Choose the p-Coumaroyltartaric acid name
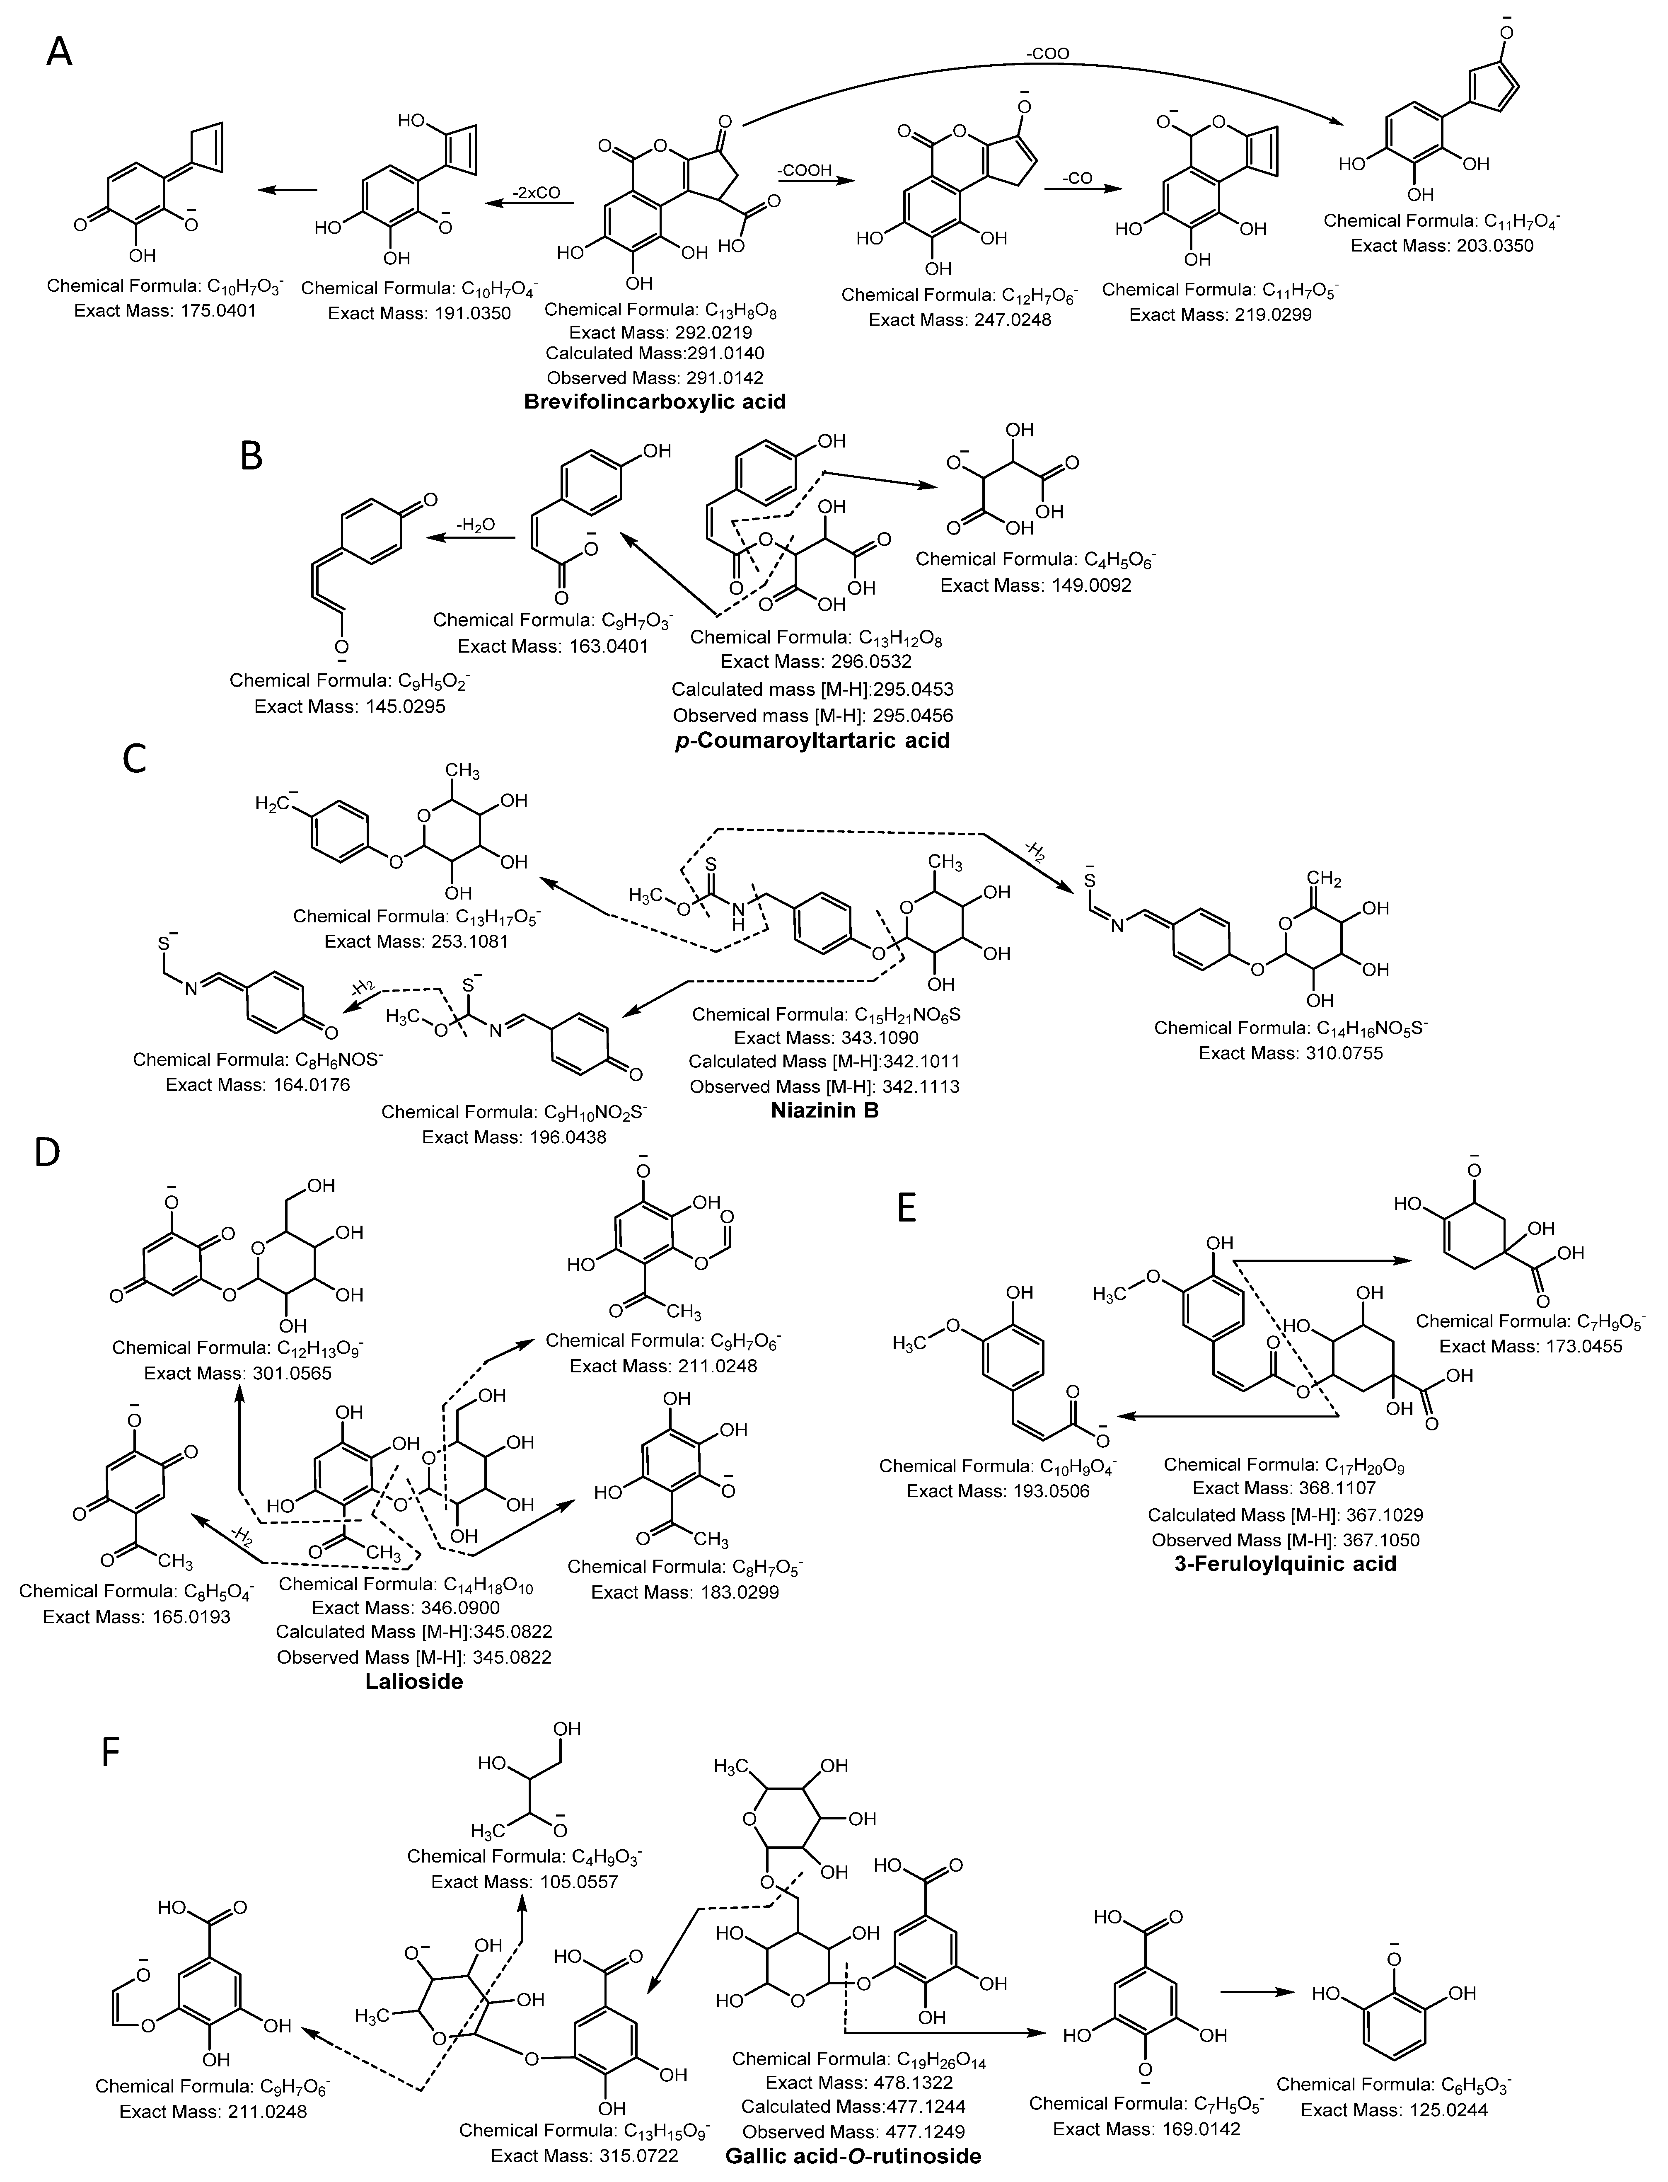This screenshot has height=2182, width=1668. (811, 740)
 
